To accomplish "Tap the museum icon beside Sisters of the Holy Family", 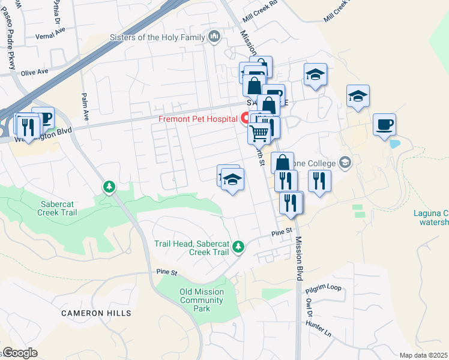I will point(215,38).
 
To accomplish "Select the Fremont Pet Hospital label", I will point(197,119).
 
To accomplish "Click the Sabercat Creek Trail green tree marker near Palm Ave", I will point(109,187).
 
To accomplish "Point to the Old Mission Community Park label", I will point(202,300).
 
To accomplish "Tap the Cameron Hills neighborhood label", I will point(96,313).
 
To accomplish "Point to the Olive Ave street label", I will point(34,72).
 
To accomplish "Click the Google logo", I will point(20,353).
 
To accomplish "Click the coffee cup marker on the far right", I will point(384,125).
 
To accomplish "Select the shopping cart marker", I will point(259,133).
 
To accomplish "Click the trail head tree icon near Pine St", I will point(238,246).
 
